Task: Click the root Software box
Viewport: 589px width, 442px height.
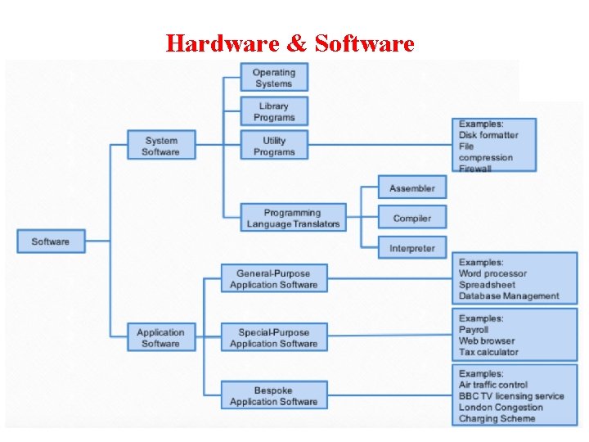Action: [51, 241]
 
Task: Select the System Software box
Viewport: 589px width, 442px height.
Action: [160, 146]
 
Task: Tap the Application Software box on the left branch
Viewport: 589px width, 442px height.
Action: [160, 338]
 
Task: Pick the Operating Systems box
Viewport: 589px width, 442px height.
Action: [273, 78]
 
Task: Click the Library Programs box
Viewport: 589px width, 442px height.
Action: [273, 111]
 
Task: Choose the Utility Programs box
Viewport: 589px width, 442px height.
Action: [273, 146]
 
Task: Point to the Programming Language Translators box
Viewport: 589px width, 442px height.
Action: [293, 219]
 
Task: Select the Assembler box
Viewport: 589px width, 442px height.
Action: [411, 188]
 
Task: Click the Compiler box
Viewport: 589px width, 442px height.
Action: [411, 219]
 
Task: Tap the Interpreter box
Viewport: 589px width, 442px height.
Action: [411, 248]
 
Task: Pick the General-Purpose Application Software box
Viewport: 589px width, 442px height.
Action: [273, 279]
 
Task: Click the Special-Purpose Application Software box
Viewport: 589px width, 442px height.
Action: [273, 338]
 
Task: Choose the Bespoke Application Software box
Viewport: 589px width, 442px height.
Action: [273, 396]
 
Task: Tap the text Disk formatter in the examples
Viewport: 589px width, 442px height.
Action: [488, 135]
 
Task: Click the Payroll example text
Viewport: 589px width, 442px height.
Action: [474, 330]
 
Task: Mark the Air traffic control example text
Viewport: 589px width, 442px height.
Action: [493, 385]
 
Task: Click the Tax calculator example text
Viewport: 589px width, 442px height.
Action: [488, 352]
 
